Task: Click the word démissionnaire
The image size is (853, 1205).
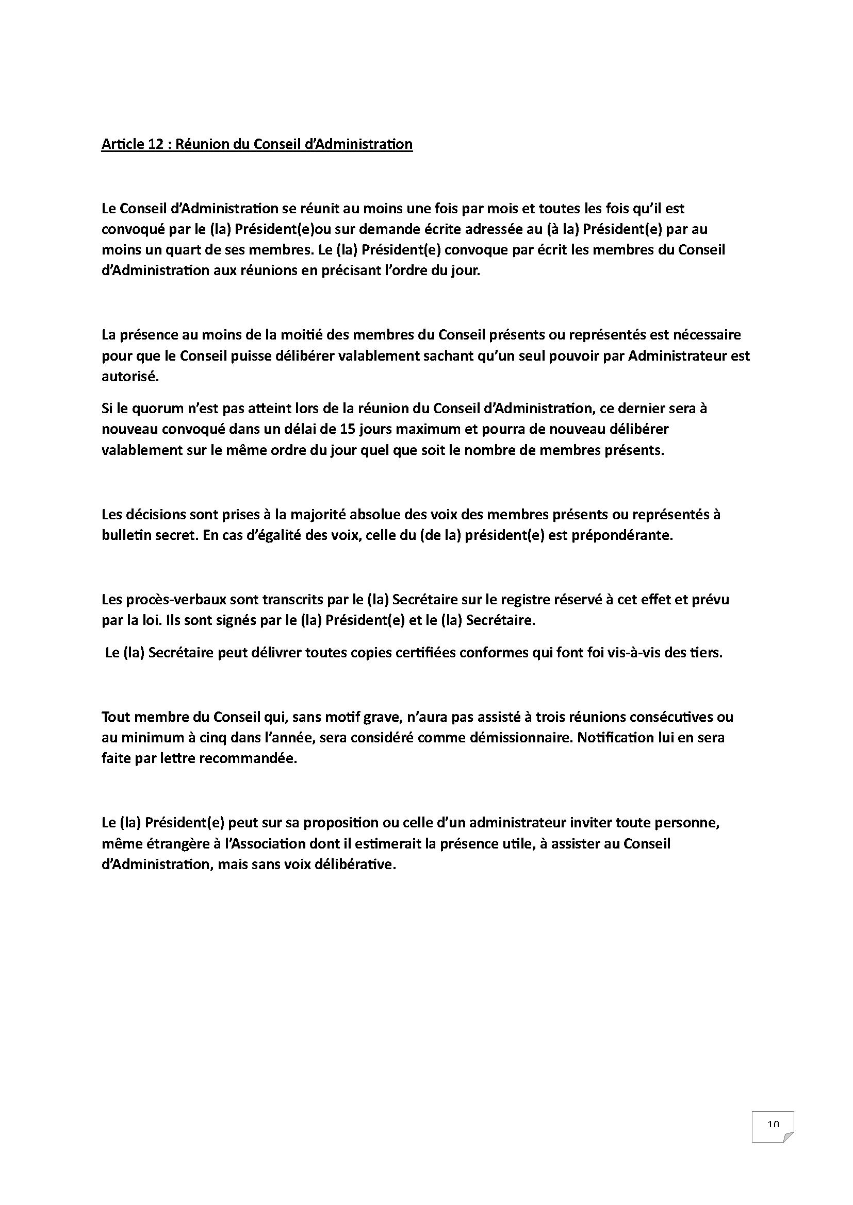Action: coord(507,738)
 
